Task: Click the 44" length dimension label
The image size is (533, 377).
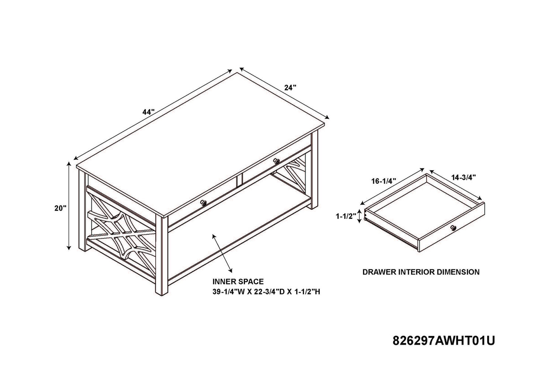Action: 149,112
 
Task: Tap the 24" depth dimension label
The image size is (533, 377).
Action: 290,88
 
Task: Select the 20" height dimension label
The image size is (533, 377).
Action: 60,208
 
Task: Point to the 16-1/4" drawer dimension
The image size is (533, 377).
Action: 384,181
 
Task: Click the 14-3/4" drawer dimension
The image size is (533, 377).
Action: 463,177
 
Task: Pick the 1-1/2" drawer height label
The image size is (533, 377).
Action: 346,216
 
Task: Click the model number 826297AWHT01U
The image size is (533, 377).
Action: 444,341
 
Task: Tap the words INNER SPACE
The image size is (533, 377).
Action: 238,282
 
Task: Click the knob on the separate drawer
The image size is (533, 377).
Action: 453,228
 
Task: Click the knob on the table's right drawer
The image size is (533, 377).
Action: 277,161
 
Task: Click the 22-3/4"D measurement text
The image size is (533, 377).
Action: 268,292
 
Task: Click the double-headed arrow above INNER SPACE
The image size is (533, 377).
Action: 222,253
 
